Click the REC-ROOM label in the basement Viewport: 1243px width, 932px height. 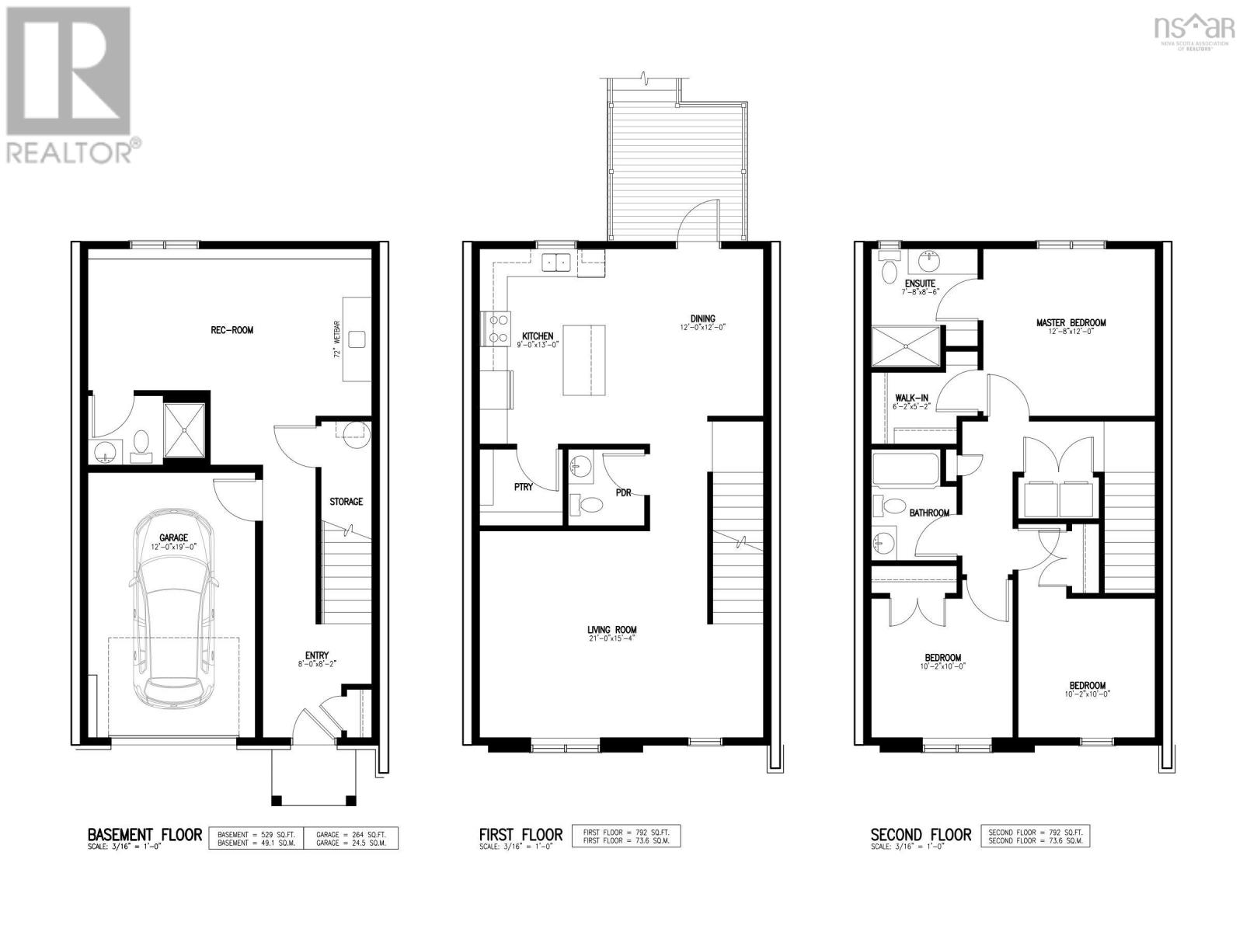click(x=232, y=330)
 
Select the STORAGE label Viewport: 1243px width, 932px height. click(x=346, y=502)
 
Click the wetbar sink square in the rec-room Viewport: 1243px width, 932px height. click(x=357, y=339)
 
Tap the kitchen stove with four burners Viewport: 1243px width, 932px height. click(x=497, y=328)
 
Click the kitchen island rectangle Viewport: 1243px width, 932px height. click(x=583, y=360)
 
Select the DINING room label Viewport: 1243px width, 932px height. click(x=703, y=318)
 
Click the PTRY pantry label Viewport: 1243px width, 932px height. click(x=523, y=487)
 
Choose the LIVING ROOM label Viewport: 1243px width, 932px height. click(x=612, y=630)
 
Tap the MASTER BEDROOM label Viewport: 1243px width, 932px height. click(x=1071, y=323)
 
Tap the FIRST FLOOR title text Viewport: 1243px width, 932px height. click(x=521, y=835)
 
